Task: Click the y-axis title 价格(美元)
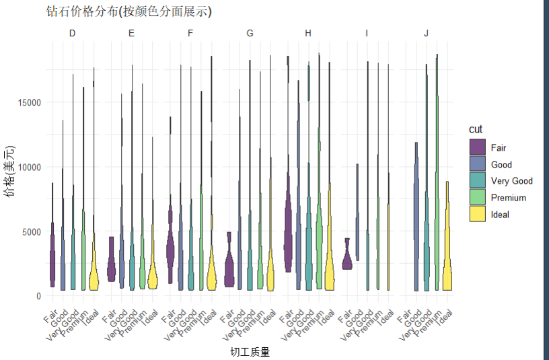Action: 9,172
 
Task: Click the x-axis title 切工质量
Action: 250,352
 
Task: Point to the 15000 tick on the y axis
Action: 30,102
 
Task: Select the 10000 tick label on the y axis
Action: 30,167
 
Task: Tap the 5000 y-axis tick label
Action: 32,231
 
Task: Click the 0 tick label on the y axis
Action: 38,296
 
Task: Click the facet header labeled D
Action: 73,33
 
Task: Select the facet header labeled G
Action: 250,33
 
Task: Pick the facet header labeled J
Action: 426,33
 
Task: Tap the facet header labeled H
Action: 308,33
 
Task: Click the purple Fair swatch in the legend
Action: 478,147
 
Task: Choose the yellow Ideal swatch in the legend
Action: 478,214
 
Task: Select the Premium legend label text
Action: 509,198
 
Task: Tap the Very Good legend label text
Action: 511,181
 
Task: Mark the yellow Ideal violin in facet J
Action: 447,269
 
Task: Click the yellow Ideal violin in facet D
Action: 94,273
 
